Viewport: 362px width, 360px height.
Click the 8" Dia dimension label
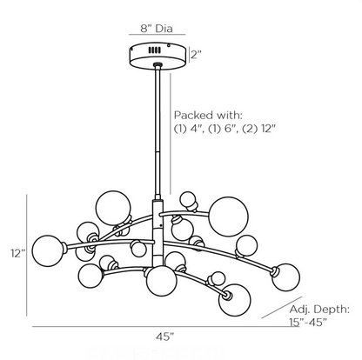click(x=157, y=28)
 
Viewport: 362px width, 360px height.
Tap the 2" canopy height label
click(x=196, y=54)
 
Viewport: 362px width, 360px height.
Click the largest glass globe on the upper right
click(x=227, y=215)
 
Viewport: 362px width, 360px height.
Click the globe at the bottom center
click(x=161, y=281)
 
